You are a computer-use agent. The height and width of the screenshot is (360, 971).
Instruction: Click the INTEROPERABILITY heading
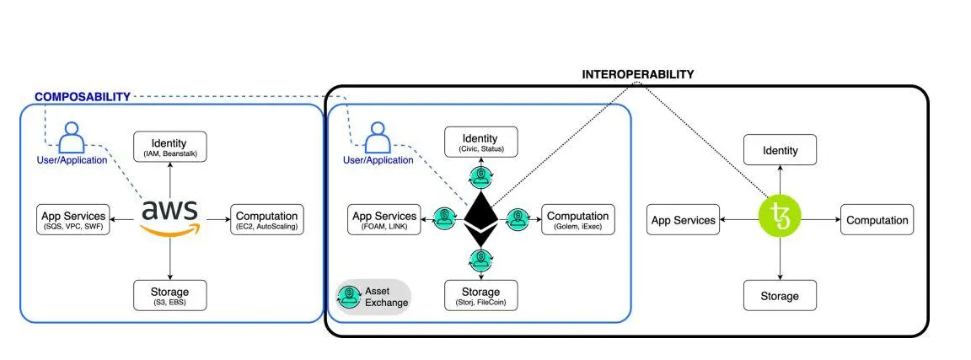point(638,74)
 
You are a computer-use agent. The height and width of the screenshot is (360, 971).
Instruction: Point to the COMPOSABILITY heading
point(82,97)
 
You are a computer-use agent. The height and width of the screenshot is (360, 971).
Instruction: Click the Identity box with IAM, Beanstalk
point(171,146)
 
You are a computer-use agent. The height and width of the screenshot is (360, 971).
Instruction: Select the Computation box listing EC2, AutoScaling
point(266,219)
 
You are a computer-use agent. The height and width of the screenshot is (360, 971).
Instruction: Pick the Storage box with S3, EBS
point(171,295)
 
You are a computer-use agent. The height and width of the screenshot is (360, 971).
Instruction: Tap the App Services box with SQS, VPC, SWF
point(75,219)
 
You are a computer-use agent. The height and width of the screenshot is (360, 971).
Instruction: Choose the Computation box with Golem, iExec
point(578,219)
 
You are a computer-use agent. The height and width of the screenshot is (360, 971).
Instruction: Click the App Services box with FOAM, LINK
point(384,219)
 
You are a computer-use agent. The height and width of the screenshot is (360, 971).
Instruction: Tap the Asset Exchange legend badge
point(373,297)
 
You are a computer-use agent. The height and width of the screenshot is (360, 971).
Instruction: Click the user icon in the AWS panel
point(72,137)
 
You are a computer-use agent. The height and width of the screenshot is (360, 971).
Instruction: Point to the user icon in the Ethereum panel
point(378,137)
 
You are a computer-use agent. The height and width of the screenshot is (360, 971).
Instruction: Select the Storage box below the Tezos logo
point(780,296)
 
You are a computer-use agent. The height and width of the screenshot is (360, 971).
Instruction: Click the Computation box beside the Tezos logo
point(877,220)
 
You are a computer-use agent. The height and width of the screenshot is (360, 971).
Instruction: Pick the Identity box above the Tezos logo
point(780,150)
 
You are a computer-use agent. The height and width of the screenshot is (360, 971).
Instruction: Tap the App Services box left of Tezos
point(684,220)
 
